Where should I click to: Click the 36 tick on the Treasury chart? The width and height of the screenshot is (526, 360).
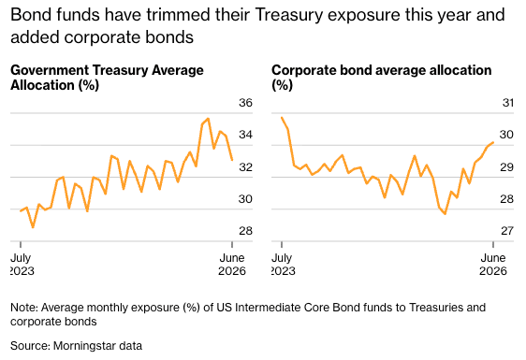245,103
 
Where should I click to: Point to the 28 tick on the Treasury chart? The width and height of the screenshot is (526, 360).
245,231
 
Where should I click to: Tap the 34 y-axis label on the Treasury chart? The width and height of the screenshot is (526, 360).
245,135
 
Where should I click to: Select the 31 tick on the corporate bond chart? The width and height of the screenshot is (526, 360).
507,103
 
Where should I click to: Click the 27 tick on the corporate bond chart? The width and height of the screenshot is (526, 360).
507,231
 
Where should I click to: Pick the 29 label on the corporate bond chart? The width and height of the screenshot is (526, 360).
507,166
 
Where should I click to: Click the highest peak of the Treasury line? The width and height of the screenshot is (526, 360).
209,119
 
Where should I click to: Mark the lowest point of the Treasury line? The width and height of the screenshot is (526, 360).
33,227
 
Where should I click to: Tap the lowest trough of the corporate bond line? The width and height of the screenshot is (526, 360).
446,213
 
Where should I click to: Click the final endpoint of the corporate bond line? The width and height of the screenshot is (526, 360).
493,142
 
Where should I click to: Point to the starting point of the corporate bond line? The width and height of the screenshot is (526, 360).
282,118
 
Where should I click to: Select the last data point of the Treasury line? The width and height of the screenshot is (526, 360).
232,160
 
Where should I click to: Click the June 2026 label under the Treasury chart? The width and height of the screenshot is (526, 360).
232,264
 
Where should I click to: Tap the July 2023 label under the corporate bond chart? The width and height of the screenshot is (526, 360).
282,264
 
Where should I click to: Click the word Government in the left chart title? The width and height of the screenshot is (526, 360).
50,70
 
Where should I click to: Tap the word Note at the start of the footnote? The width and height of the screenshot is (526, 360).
24,308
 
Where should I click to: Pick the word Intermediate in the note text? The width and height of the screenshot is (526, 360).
268,308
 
